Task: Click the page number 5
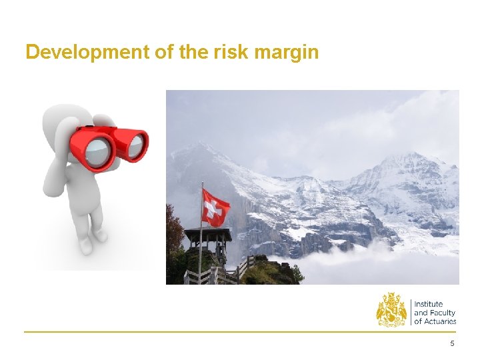(453, 343)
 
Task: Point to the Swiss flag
(215, 207)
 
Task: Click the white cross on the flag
(213, 209)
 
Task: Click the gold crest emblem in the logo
(391, 309)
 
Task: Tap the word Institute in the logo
(429, 304)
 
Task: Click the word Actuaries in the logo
(440, 321)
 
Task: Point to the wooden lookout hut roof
(208, 234)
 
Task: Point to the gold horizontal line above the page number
(240, 331)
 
